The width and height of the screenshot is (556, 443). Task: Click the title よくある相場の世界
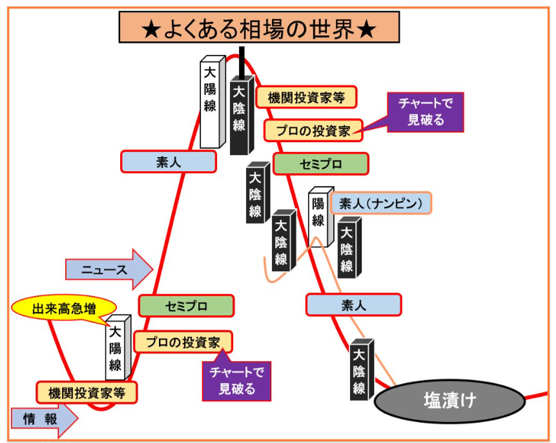258,29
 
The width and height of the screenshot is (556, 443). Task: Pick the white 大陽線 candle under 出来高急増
117,349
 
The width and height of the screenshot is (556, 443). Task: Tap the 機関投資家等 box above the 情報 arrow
87,391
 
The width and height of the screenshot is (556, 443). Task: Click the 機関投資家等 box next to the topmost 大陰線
306,98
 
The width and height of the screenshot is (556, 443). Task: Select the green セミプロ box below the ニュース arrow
186,306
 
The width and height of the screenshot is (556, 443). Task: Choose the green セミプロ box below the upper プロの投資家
320,164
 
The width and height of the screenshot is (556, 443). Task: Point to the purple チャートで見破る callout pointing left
426,112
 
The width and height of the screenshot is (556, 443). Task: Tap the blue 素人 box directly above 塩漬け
353,305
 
